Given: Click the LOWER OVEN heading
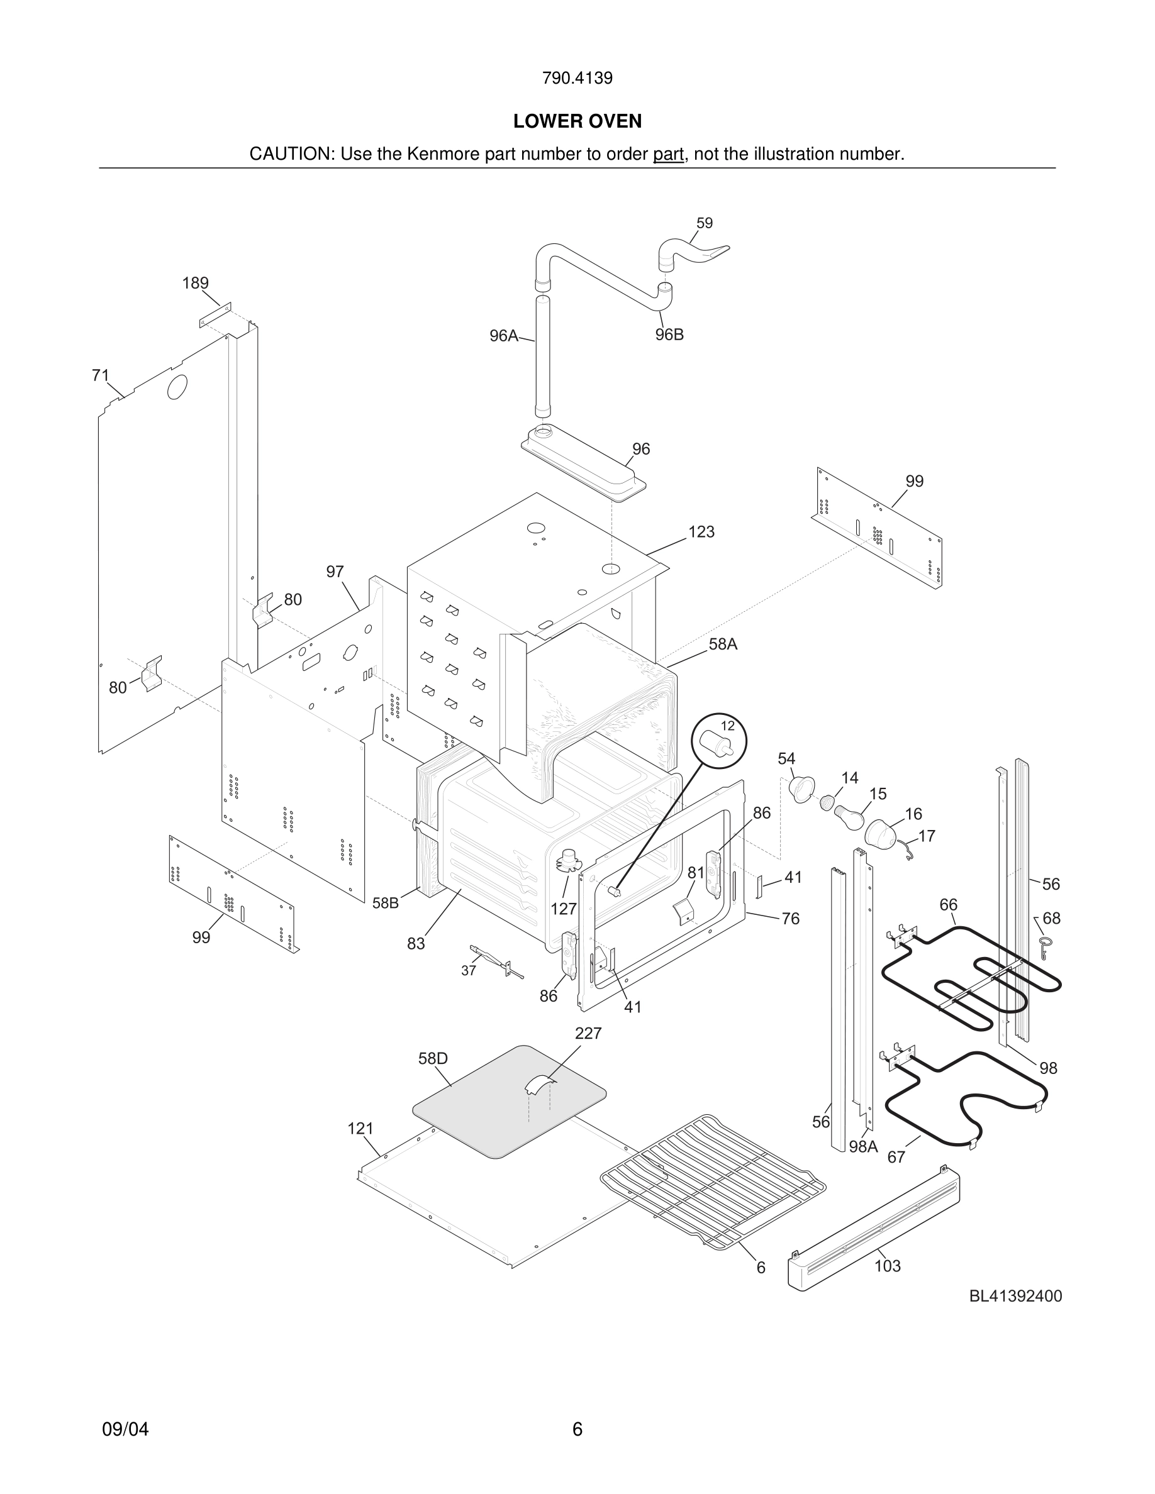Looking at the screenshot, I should coord(577,121).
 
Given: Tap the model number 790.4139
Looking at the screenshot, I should coord(577,78).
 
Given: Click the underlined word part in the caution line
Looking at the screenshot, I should coord(668,155).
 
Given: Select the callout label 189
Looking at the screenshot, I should coord(195,283).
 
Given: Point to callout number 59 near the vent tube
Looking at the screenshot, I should coord(704,223).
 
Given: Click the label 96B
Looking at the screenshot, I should coord(669,335).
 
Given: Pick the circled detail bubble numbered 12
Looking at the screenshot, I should coord(718,741).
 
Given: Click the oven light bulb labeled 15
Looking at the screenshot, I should coord(849,817).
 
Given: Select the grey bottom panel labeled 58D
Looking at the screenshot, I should coord(509,1102).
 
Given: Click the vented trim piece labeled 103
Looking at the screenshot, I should coord(873,1231).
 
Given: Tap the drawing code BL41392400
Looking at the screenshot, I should coord(1015,1297).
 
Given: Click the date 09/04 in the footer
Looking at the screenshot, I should coord(125,1429).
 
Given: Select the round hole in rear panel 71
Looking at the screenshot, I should coord(177,387).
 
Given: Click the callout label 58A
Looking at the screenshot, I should coord(723,644).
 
